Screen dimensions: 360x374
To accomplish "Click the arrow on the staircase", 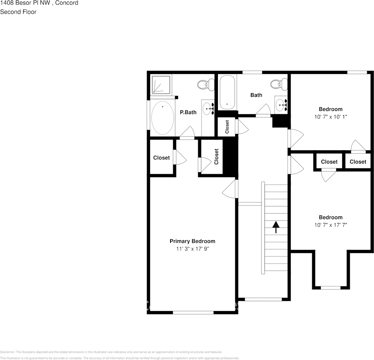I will point(276,227).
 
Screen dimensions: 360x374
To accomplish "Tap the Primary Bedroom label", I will point(192,241).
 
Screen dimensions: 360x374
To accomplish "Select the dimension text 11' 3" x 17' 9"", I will point(192,249).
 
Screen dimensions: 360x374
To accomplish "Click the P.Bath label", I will point(188,112).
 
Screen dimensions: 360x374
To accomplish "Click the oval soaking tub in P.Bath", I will point(163,118).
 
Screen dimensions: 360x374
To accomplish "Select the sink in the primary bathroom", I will point(208,109).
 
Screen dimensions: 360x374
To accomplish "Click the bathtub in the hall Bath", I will point(227,92).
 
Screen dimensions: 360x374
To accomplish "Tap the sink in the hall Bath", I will point(281,103).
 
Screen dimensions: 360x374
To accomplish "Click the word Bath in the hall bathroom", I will point(256,95).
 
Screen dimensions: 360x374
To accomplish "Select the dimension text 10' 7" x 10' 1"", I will point(330,117).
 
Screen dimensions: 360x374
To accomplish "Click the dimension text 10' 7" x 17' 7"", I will point(330,225).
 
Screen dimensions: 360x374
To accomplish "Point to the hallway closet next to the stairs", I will point(227,127).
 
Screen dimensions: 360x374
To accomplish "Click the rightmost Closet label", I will point(358,162).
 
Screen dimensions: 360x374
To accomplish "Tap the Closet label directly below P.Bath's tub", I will point(161,158).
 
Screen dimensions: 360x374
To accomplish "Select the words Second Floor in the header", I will point(18,12).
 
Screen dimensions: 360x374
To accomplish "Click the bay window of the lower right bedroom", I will point(330,288).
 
